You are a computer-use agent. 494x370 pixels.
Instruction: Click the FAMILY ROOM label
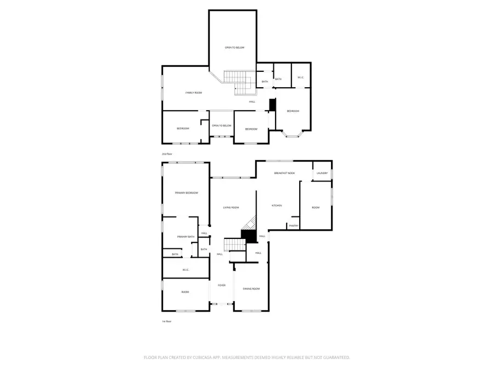point(193,93)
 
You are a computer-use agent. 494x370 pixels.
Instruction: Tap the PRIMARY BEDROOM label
point(186,193)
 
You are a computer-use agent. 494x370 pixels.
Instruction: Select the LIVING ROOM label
point(231,208)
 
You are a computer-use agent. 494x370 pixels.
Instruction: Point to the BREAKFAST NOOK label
point(284,173)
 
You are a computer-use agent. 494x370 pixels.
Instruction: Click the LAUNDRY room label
point(322,174)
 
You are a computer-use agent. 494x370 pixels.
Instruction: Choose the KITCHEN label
point(277,206)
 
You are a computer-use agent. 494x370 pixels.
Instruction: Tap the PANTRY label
point(294,225)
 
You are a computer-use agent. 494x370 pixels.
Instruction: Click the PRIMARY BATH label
point(186,236)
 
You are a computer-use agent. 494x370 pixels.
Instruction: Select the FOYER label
point(222,285)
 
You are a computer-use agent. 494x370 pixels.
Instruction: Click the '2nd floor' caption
point(166,154)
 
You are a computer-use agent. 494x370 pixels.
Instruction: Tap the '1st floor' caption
point(166,321)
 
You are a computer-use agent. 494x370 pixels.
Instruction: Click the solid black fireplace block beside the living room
point(250,236)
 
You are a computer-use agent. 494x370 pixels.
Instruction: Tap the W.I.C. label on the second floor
point(301,77)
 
